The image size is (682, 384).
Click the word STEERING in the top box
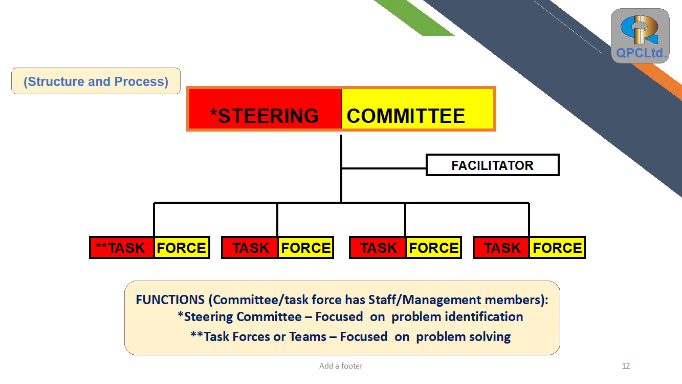(x=268, y=116)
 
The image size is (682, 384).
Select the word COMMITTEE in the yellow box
(x=406, y=116)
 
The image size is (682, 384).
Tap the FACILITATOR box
(x=492, y=165)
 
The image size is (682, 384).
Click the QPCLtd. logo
(x=640, y=36)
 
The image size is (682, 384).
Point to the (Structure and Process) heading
(x=96, y=81)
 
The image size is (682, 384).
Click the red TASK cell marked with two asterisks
(x=122, y=247)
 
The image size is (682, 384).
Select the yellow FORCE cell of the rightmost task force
(x=557, y=247)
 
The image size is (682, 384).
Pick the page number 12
(x=626, y=366)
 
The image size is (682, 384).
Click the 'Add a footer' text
(x=341, y=366)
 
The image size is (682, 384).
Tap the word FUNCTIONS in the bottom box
(x=170, y=300)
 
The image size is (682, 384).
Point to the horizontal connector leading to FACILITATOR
(x=384, y=168)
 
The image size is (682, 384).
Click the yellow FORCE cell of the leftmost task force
(x=182, y=247)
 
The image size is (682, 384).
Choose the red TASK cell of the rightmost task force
(x=501, y=247)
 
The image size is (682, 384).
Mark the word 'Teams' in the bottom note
(x=307, y=337)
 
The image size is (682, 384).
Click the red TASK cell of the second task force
(x=250, y=247)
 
